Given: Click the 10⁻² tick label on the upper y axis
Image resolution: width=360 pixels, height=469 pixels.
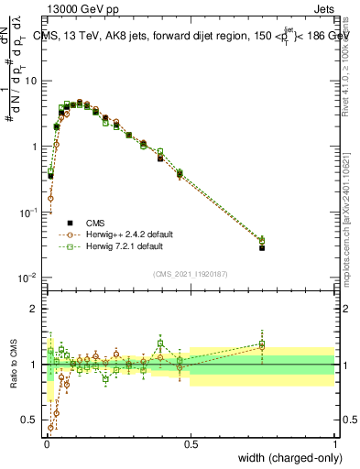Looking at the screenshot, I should [30, 278].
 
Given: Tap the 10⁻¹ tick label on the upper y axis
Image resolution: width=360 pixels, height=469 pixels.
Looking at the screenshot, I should [30, 212].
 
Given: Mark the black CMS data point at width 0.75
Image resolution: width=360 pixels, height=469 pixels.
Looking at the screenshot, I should [262, 247].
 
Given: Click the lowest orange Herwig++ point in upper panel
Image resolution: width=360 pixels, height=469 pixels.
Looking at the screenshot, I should [50, 198].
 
